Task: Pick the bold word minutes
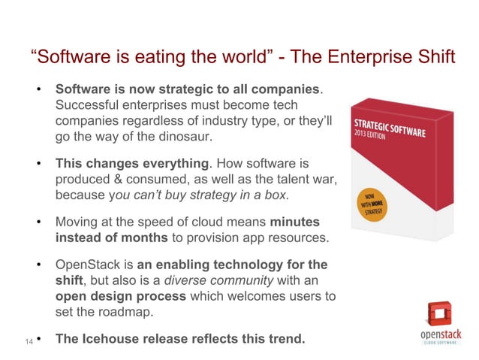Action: pyautogui.click(x=294, y=222)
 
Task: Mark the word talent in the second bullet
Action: pyautogui.click(x=289, y=180)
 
